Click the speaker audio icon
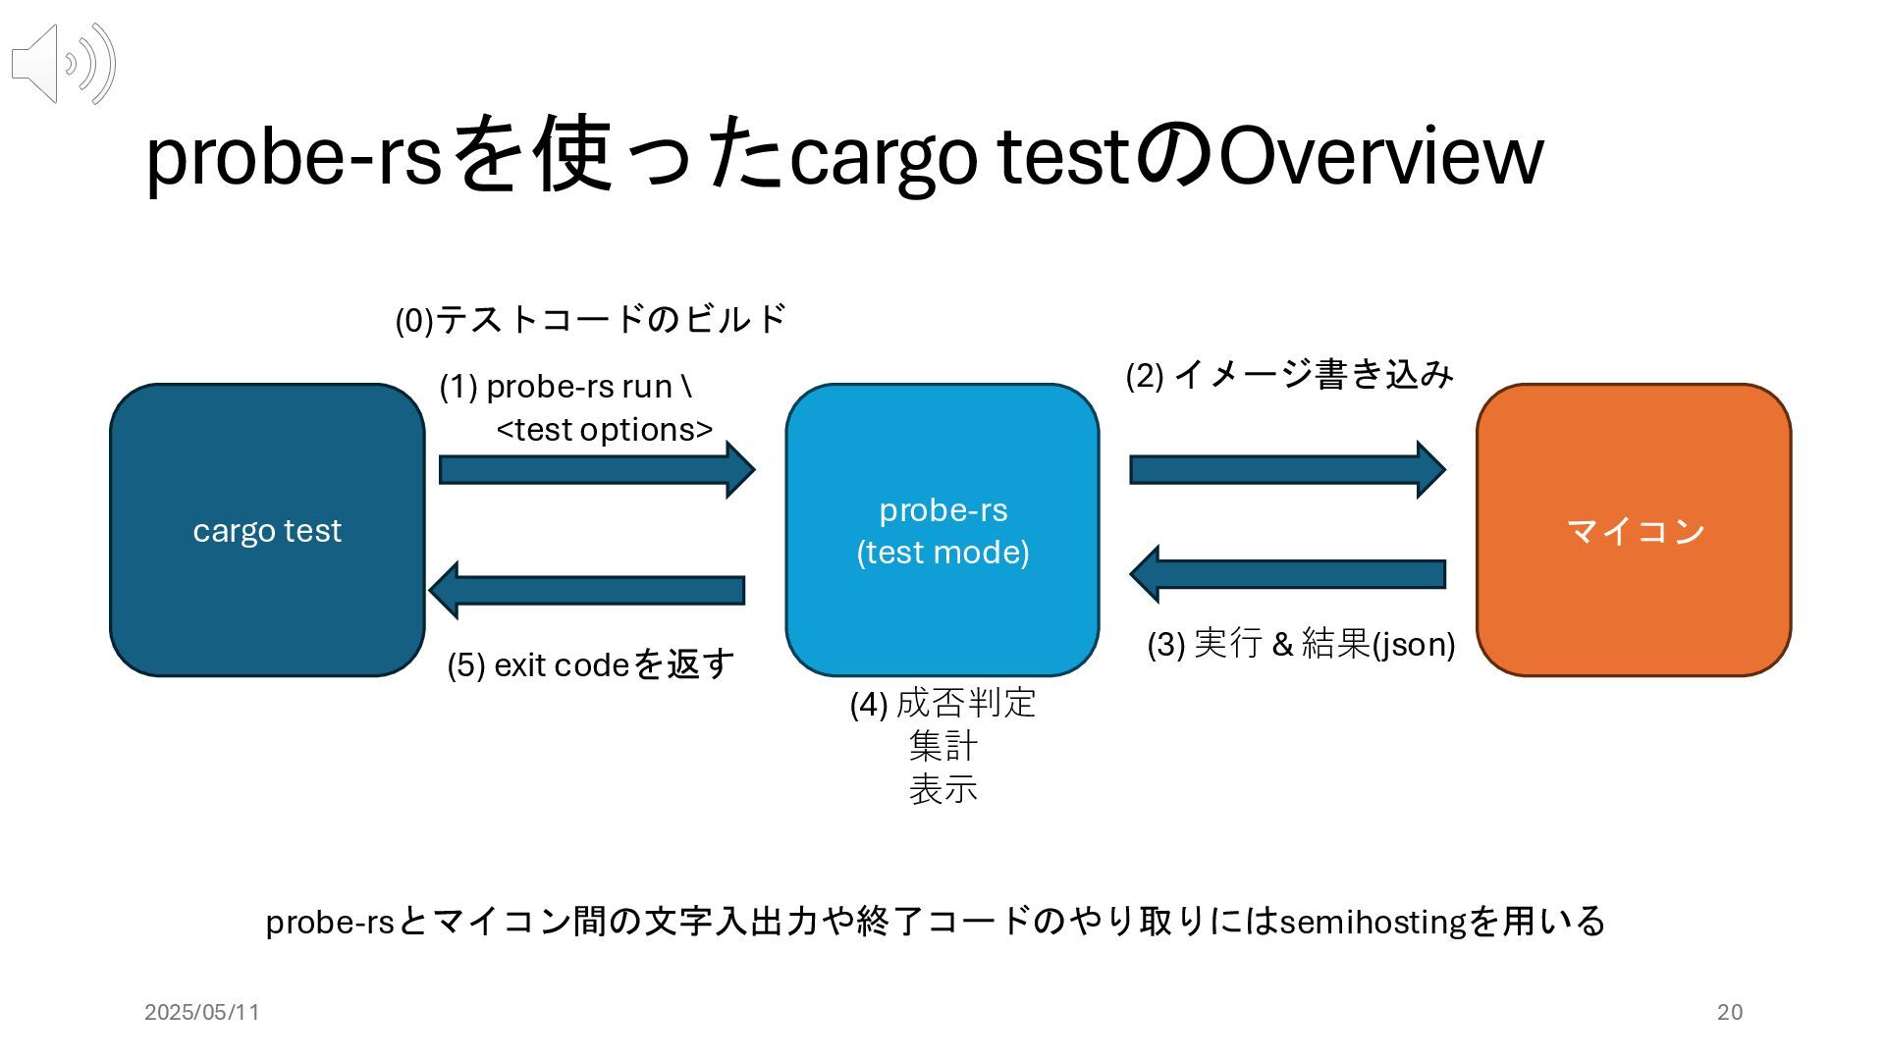coord(64,64)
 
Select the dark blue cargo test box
coord(267,530)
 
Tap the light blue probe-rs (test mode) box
coord(942,530)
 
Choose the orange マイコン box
coord(1634,530)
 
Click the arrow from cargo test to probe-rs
coord(597,469)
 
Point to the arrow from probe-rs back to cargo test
coord(586,590)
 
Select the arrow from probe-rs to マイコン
coord(1288,469)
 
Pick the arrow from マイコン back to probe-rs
coord(1288,574)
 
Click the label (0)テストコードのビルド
coord(591,319)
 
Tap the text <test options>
coord(605,430)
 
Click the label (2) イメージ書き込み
coord(1289,374)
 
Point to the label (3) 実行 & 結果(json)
coord(1301,644)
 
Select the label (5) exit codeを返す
coord(591,664)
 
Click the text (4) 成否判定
coord(943,703)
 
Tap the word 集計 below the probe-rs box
coord(943,746)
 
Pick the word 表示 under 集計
coord(943,789)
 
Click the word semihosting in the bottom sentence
coord(1373,922)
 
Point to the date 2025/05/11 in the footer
coord(202,1012)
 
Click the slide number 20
coord(1730,1012)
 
